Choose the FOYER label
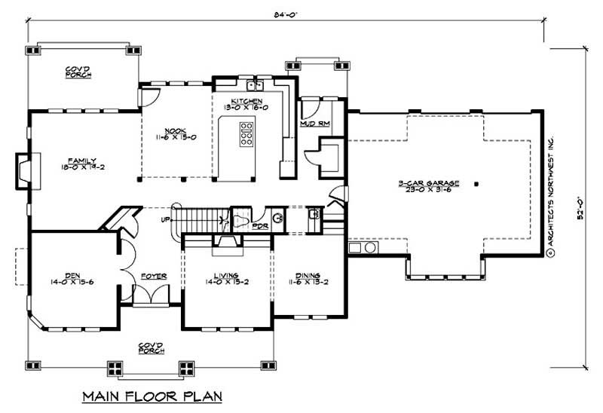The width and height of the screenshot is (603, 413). coord(153,277)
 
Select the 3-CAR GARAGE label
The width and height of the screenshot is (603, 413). coord(430,185)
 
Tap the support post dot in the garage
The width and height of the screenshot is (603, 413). coord(476,183)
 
